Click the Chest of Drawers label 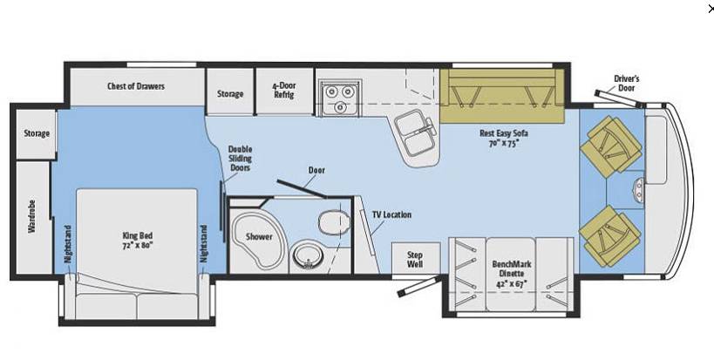pyautogui.click(x=136, y=86)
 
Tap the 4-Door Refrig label pyautogui.click(x=284, y=90)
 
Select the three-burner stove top pyautogui.click(x=340, y=98)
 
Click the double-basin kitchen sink pyautogui.click(x=415, y=134)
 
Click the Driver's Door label pyautogui.click(x=626, y=84)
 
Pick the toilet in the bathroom pyautogui.click(x=334, y=222)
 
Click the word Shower pyautogui.click(x=259, y=237)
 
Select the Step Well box pyautogui.click(x=416, y=259)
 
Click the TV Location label pyautogui.click(x=391, y=214)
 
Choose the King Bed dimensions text pyautogui.click(x=137, y=245)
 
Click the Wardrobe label pyautogui.click(x=32, y=216)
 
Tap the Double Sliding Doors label pyautogui.click(x=240, y=159)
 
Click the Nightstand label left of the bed pyautogui.click(x=68, y=243)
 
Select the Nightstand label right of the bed pyautogui.click(x=203, y=243)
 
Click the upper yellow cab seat pyautogui.click(x=610, y=146)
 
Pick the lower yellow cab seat pyautogui.click(x=610, y=236)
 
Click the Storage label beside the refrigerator pyautogui.click(x=230, y=94)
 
